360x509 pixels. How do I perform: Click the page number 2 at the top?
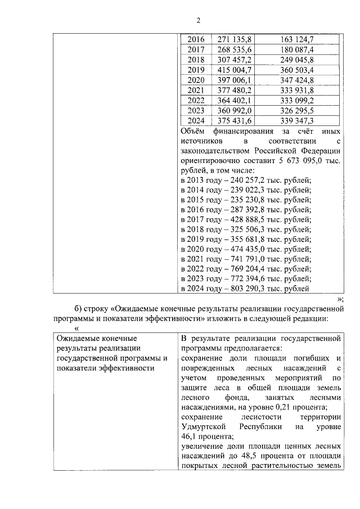[x=198, y=21]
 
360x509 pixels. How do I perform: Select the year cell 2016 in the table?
[x=195, y=39]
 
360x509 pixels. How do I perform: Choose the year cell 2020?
[x=195, y=80]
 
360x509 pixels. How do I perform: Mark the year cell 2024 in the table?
[x=195, y=120]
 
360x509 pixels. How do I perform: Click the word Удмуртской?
[x=204, y=427]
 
